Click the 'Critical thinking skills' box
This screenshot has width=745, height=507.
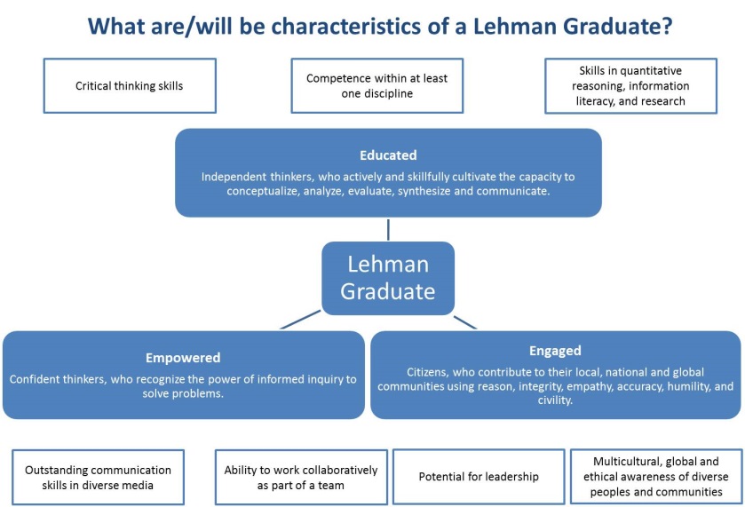pyautogui.click(x=130, y=85)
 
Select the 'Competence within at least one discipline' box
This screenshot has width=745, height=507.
pyautogui.click(x=376, y=85)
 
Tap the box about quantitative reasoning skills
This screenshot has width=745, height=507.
pyautogui.click(x=630, y=85)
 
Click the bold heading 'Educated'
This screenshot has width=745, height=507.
pyautogui.click(x=388, y=155)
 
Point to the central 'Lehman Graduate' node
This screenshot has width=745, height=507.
pyautogui.click(x=388, y=278)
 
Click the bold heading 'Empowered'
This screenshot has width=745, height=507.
pyautogui.click(x=183, y=358)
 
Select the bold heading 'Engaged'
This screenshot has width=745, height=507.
pyautogui.click(x=555, y=351)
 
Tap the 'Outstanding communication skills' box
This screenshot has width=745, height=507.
pyautogui.click(x=98, y=477)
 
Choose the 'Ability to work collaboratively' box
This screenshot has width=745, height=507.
pyautogui.click(x=301, y=477)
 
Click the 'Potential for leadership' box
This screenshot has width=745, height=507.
pyautogui.click(x=479, y=477)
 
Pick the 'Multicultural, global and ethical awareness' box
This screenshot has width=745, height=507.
pyautogui.click(x=655, y=477)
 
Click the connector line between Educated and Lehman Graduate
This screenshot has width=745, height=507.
pyautogui.click(x=388, y=229)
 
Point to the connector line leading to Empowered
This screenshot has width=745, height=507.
pyautogui.click(x=300, y=320)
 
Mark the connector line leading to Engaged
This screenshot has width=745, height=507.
pyautogui.click(x=465, y=322)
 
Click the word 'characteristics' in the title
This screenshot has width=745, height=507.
pyautogui.click(x=345, y=26)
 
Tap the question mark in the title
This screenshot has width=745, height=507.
pyautogui.click(x=666, y=26)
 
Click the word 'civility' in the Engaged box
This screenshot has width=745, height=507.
pyautogui.click(x=554, y=400)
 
